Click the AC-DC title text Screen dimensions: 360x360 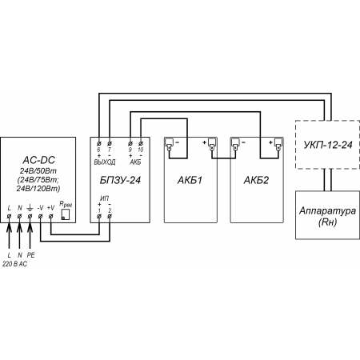38,160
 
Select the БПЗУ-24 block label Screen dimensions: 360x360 120,180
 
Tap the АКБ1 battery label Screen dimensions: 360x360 190,180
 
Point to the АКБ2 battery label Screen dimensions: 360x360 256,180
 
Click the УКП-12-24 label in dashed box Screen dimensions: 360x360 328,145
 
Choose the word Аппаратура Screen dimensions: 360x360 327,210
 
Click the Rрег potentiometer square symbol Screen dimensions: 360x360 66,214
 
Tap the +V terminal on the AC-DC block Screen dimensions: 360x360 50,216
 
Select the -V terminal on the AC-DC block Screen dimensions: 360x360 40,216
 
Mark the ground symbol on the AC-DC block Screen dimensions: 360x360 30,207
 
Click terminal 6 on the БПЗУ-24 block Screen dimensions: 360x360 99,143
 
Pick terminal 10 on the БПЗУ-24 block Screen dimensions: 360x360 141,143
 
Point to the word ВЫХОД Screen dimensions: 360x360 105,162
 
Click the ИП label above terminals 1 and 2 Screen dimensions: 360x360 104,198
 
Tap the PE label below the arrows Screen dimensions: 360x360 31,255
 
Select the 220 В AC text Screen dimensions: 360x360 15,264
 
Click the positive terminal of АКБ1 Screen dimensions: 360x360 212,144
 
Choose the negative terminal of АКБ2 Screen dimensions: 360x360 235,144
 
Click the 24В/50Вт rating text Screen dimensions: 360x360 38,170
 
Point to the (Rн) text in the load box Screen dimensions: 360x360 327,222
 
